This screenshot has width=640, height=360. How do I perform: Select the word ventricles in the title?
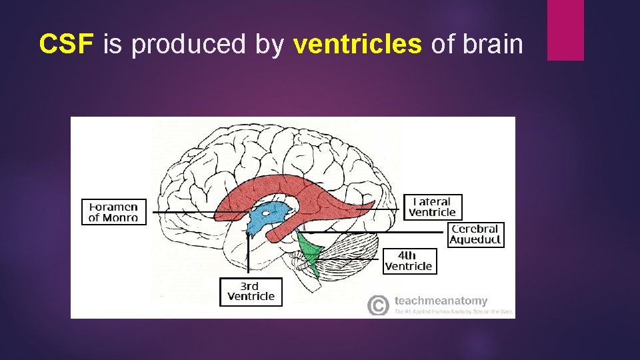(357, 44)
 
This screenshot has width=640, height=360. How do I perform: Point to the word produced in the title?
(189, 45)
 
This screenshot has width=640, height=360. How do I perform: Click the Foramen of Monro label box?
(113, 211)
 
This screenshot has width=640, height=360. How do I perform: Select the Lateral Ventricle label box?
(433, 207)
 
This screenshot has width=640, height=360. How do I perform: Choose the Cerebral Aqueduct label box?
(475, 235)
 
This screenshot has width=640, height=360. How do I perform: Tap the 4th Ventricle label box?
(409, 261)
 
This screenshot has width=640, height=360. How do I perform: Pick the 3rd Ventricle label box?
(251, 291)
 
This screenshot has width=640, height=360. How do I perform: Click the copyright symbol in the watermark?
(377, 305)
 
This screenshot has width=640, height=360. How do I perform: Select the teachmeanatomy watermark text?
(441, 301)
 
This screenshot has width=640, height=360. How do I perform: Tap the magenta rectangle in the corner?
(565, 29)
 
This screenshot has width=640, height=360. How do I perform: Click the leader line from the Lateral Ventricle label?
(380, 208)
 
